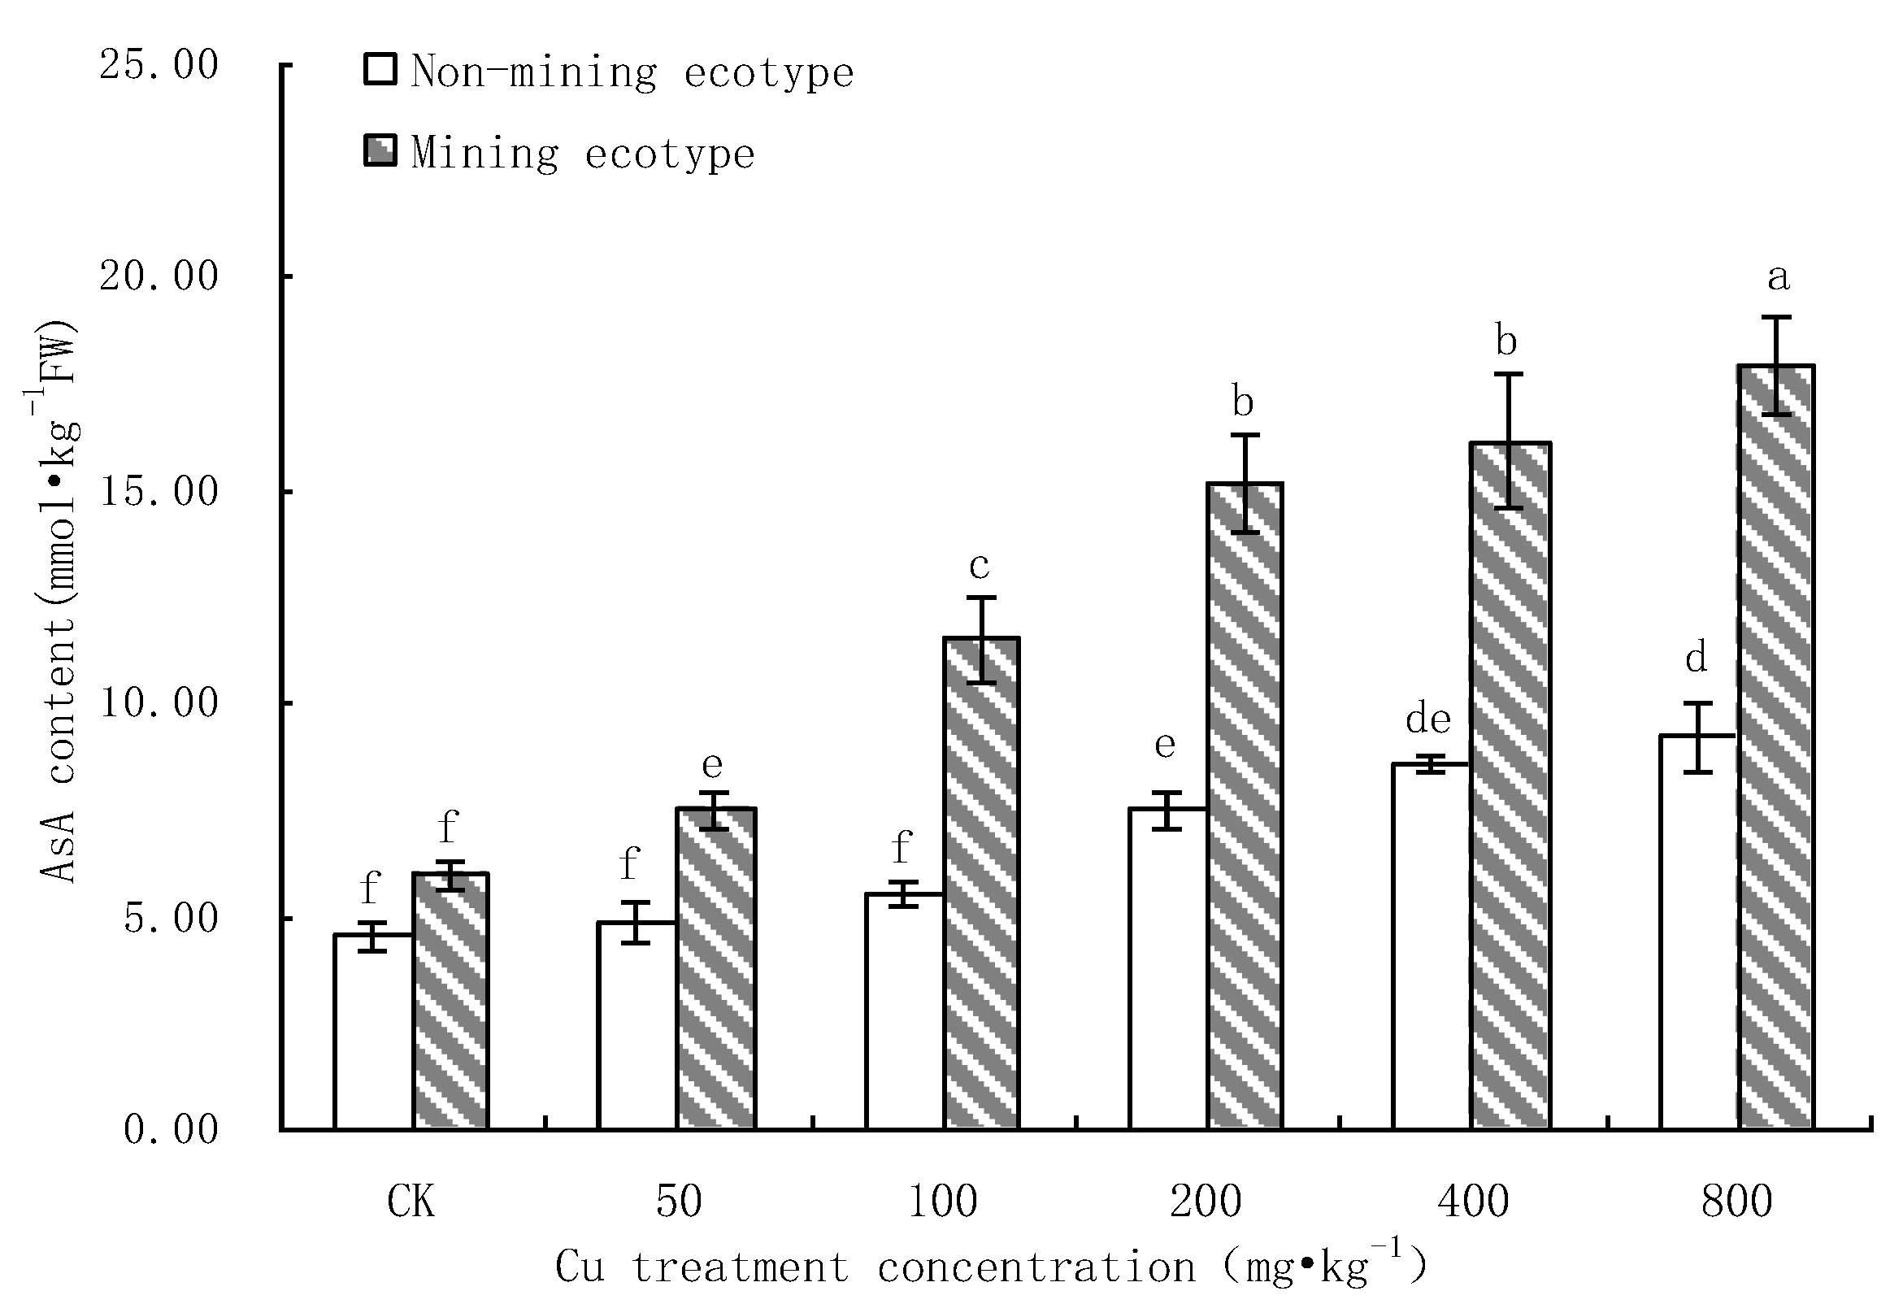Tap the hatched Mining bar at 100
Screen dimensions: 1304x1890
tap(981, 882)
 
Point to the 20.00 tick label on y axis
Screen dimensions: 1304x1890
tap(159, 276)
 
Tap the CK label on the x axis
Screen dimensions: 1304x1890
tap(411, 1202)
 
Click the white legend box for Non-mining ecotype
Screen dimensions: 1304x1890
tap(380, 70)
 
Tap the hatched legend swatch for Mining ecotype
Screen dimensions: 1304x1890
tap(380, 151)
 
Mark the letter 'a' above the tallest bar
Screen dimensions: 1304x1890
tap(1778, 278)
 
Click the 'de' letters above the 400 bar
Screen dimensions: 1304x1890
tap(1427, 719)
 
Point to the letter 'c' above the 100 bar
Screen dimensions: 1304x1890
tap(979, 564)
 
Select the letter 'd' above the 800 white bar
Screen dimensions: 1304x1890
tap(1696, 657)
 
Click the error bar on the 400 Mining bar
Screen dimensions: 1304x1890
tap(1509, 441)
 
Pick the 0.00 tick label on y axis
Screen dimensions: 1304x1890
tap(171, 1129)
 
